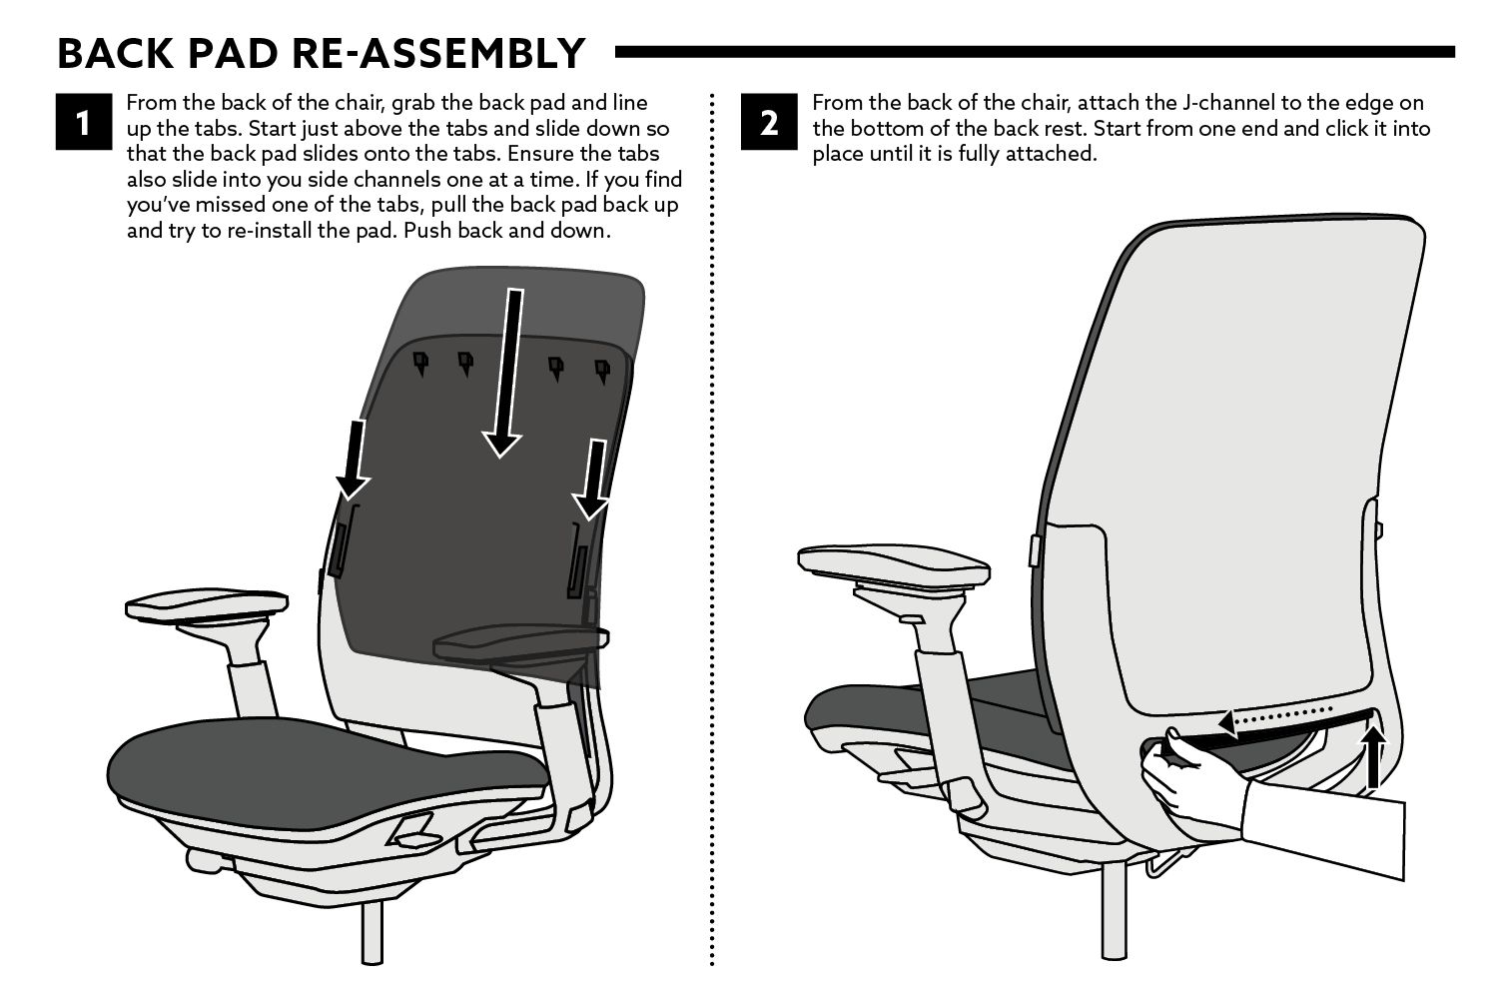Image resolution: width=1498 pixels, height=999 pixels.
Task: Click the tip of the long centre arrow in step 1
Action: pos(500,458)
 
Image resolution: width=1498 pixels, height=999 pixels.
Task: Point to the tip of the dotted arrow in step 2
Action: pos(1218,722)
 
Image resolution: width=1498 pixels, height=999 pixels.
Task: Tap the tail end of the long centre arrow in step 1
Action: pos(515,290)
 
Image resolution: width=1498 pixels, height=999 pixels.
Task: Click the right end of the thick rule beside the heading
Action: pos(1454,52)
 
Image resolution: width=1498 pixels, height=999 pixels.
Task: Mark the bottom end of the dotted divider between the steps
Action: pos(711,964)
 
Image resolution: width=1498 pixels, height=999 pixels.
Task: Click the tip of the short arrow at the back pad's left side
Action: pos(350,499)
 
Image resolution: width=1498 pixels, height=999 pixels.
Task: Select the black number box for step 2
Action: pos(769,122)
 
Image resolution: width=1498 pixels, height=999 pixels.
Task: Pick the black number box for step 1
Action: pos(84,122)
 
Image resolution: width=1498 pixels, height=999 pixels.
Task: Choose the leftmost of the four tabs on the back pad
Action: pos(420,363)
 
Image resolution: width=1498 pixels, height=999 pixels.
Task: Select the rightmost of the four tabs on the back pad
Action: pos(602,371)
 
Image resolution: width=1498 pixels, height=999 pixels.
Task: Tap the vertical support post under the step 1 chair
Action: pos(373,933)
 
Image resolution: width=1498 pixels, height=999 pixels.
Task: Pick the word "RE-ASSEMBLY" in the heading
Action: pos(438,54)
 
